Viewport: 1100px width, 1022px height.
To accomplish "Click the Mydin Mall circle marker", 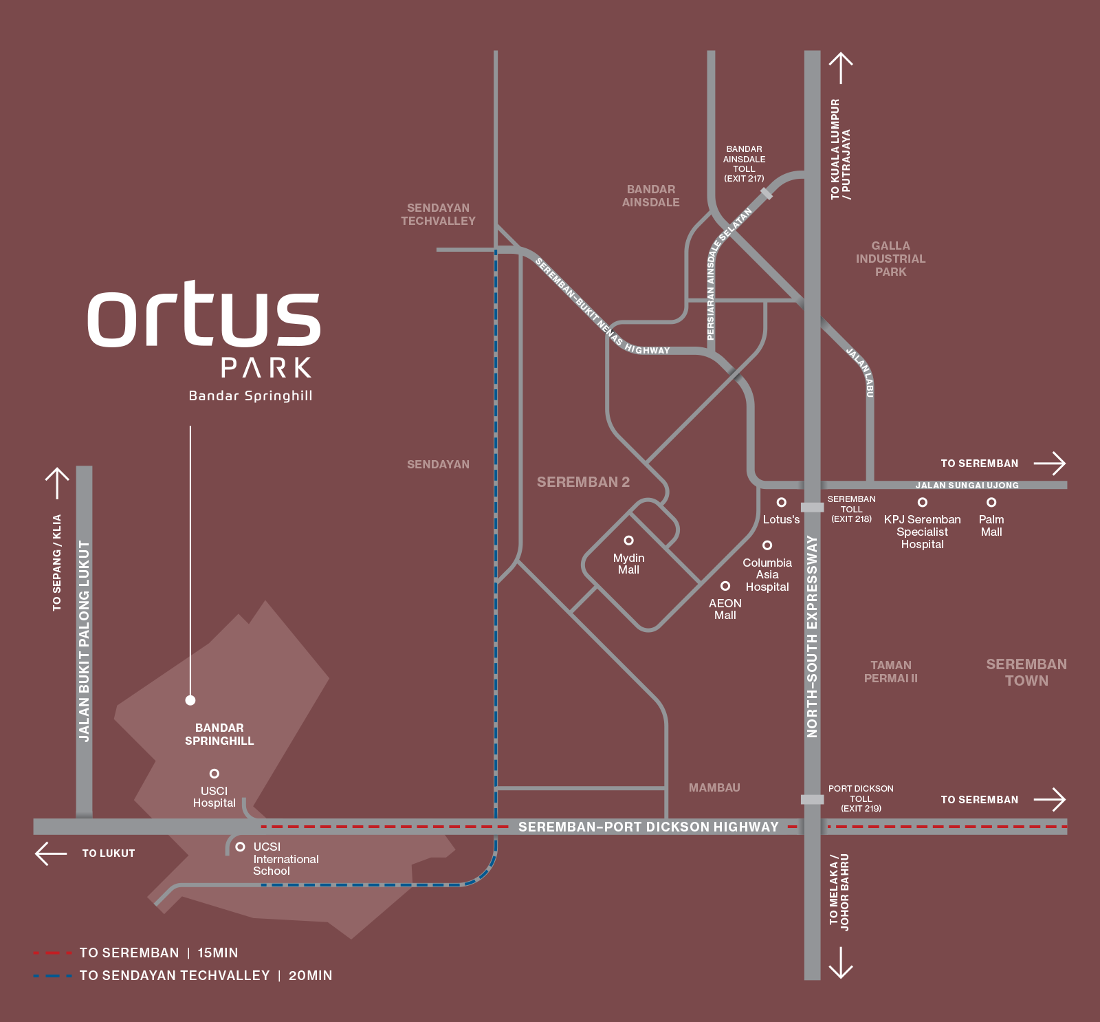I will pos(628,541).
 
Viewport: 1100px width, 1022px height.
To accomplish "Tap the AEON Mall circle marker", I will pos(725,586).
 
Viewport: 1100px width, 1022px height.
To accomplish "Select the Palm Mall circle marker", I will pos(991,502).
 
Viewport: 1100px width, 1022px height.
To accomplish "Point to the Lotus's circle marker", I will pos(782,502).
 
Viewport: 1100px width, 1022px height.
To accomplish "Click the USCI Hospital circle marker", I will pos(214,774).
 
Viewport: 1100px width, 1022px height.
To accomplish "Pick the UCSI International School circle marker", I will pos(240,847).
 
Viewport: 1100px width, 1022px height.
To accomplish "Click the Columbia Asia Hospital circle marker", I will pos(767,545).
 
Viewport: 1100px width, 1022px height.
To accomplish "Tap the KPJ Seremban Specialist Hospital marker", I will pos(923,502).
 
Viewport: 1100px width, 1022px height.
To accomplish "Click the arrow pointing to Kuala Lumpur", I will pos(840,68).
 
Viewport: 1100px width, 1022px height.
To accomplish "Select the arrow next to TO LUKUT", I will pos(51,854).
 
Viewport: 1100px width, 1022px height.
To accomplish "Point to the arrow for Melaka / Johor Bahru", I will pos(840,963).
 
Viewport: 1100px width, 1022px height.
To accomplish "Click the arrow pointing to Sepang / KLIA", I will pos(57,483).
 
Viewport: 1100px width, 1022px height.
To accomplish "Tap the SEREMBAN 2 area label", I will pos(583,482).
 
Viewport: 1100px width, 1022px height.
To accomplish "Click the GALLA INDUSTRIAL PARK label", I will pos(890,259).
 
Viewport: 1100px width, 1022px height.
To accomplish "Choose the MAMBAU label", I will pos(714,787).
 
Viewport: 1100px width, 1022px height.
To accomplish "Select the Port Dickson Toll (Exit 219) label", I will pos(861,798).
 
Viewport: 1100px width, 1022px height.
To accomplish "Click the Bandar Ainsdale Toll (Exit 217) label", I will pos(744,164).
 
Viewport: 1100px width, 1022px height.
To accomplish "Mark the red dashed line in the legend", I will pos(52,953).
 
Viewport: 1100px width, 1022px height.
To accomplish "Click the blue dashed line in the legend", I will pos(52,976).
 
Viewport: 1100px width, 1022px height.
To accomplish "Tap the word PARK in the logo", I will pos(266,368).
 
